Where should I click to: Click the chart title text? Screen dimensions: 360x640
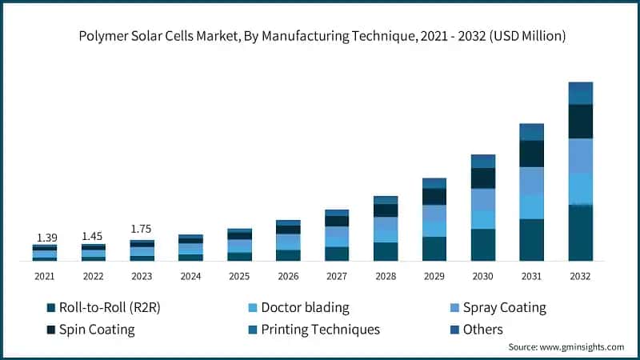(320, 35)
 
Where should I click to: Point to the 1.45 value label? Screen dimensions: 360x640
(94, 237)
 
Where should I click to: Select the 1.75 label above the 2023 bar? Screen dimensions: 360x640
(142, 229)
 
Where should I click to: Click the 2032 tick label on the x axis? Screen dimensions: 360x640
(580, 276)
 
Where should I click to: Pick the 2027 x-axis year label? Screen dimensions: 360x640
(337, 276)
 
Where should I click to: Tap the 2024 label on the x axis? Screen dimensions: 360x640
(190, 276)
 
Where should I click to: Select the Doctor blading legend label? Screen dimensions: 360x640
(305, 308)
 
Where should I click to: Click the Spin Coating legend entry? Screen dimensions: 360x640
(97, 330)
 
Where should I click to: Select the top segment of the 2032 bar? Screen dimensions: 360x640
(580, 93)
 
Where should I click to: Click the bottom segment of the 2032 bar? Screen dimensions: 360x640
(580, 233)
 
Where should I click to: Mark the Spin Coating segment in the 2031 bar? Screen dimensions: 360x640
(531, 154)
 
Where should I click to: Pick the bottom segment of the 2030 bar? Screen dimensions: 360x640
(482, 245)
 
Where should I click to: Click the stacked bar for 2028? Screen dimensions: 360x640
(386, 229)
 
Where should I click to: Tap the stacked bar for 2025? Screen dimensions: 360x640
(239, 245)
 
